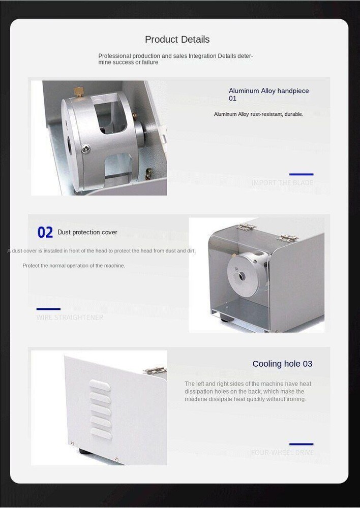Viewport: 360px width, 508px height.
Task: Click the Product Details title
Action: tap(177, 40)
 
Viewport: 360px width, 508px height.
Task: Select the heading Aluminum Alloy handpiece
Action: tap(268, 91)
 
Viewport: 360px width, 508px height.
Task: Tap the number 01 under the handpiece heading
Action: tap(232, 99)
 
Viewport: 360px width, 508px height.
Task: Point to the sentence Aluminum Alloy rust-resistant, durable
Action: tap(258, 114)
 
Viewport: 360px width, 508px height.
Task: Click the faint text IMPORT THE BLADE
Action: tap(282, 183)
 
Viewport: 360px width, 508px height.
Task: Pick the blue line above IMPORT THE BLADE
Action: tap(301, 174)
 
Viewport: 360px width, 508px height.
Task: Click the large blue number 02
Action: tap(45, 233)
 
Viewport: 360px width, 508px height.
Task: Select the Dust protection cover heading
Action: tap(87, 232)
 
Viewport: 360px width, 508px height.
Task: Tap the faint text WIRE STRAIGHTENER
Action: tap(70, 317)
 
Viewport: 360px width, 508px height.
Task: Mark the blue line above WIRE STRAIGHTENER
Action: tap(48, 309)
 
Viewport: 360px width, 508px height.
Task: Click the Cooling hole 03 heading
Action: tap(282, 364)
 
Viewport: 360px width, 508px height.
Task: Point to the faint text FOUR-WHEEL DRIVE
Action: tap(282, 453)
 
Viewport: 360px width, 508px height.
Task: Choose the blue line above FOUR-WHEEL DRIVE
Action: tap(301, 444)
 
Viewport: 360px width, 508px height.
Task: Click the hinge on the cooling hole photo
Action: tap(155, 371)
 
